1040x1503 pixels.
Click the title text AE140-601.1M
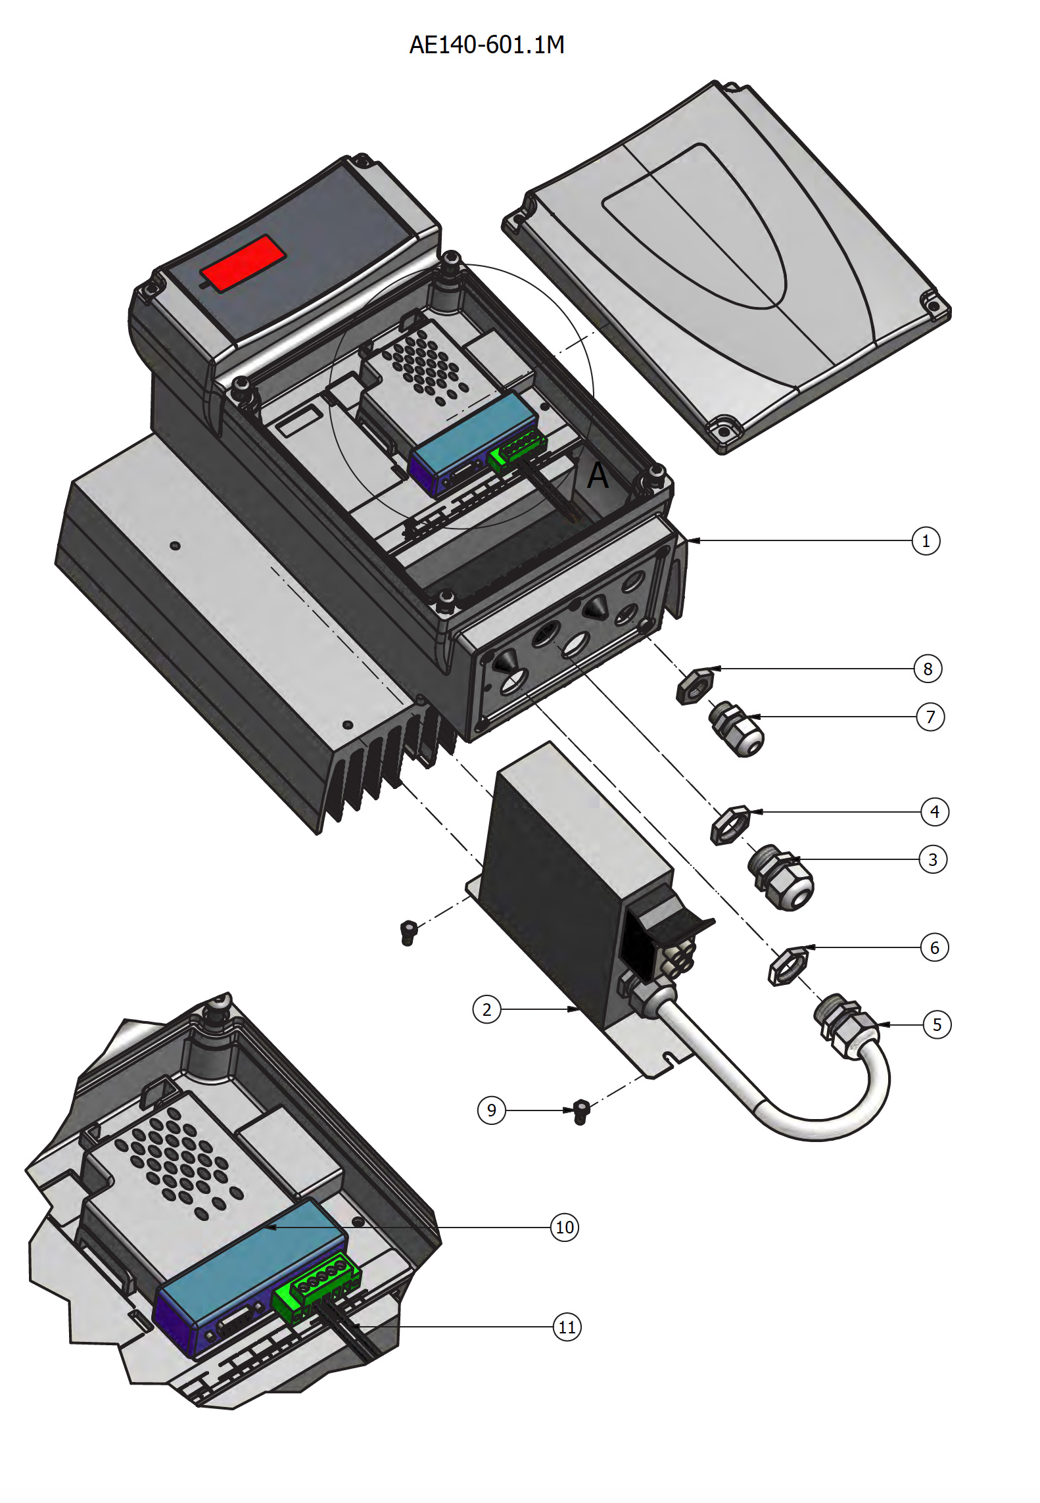(x=486, y=45)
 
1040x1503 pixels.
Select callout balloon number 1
(x=926, y=541)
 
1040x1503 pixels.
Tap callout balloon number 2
(x=486, y=1009)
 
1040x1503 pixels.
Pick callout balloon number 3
(x=932, y=859)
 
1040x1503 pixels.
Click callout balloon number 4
(x=934, y=812)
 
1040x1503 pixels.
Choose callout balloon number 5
(x=937, y=1024)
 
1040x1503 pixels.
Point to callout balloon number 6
(x=934, y=947)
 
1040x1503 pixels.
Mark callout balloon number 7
(x=930, y=717)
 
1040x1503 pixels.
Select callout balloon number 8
(x=928, y=669)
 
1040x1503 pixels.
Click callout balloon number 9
(x=491, y=1110)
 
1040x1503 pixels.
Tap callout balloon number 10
(x=565, y=1228)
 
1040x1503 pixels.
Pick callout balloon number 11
(x=567, y=1327)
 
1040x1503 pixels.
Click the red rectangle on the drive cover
(x=243, y=262)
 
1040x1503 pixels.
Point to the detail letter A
(x=598, y=475)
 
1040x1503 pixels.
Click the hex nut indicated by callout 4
(x=730, y=824)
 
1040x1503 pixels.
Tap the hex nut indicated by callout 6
(x=788, y=965)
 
